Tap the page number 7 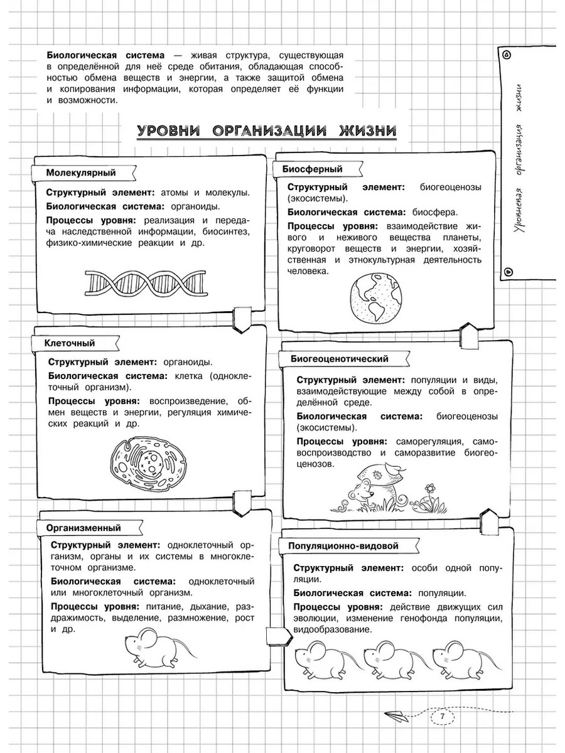(x=443, y=717)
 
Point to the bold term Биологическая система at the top (x=101, y=55)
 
